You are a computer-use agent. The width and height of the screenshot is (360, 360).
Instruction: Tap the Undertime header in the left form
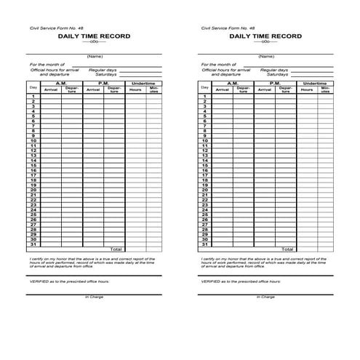point(143,84)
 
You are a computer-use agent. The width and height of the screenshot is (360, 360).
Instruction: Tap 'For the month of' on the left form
point(47,64)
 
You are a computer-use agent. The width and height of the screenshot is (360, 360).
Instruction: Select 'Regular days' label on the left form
point(103,69)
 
